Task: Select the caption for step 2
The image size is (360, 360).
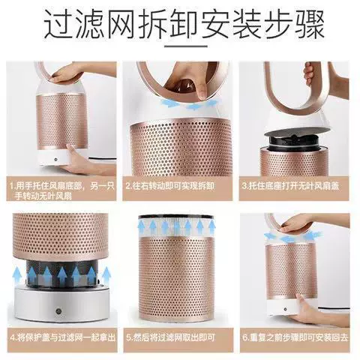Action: coord(170,186)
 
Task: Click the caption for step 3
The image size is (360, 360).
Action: coord(290,186)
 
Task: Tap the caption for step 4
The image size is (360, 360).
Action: coord(63,337)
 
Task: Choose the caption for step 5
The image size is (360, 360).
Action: coord(170,337)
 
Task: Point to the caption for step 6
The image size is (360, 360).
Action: coord(295,337)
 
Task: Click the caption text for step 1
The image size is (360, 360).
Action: coord(62,190)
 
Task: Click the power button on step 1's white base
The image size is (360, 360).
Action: coord(55,159)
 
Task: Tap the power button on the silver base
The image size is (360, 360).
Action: coord(58,311)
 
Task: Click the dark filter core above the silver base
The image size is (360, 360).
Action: coord(61,273)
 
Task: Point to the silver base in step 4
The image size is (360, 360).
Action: coord(61,303)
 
